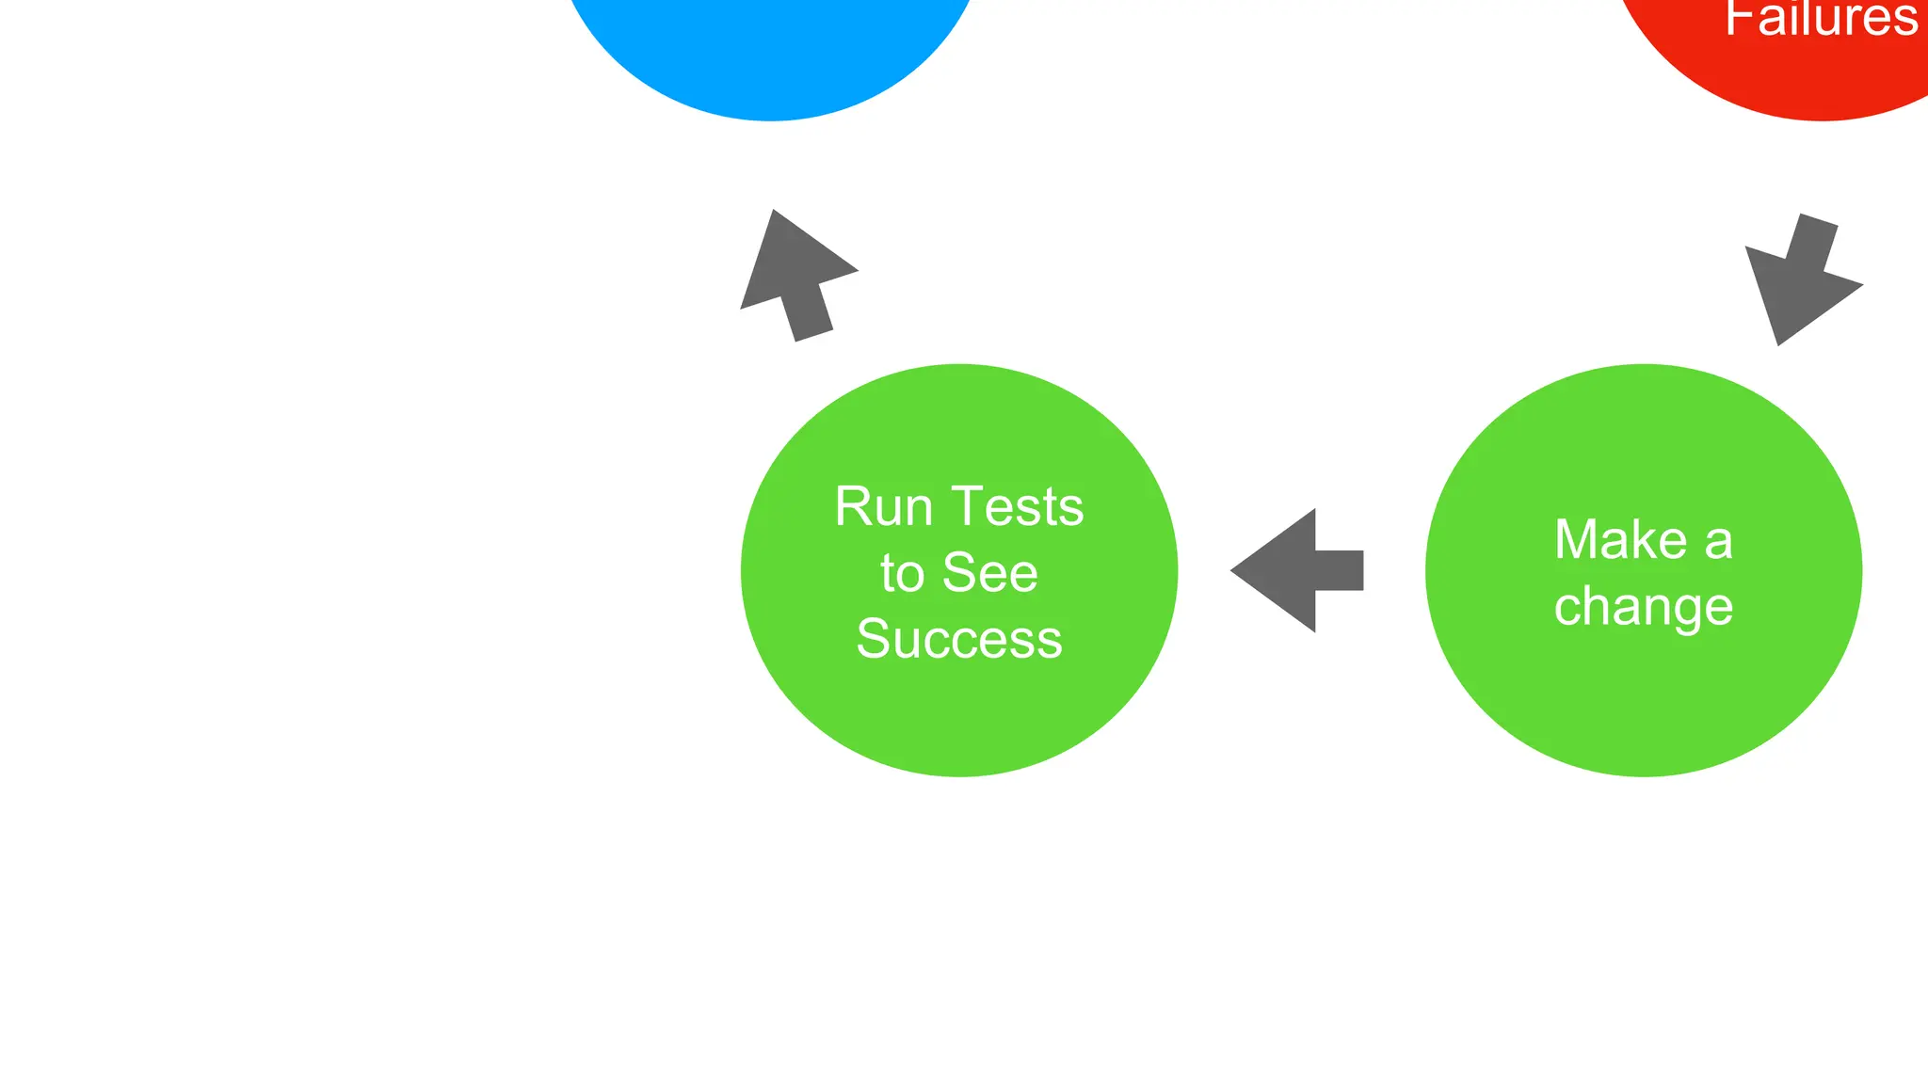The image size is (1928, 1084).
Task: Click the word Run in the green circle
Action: tap(882, 507)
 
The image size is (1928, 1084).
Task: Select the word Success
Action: tap(959, 639)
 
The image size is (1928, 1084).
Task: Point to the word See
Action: tap(990, 573)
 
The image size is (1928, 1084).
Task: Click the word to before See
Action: tap(902, 573)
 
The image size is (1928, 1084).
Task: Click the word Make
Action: tap(1620, 540)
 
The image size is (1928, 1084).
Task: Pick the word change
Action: tap(1644, 607)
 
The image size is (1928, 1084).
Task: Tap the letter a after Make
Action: tap(1719, 542)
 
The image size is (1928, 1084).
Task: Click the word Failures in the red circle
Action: tap(1821, 19)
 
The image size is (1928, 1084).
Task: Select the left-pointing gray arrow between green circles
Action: tap(1296, 570)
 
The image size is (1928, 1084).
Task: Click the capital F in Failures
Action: tap(1738, 19)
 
